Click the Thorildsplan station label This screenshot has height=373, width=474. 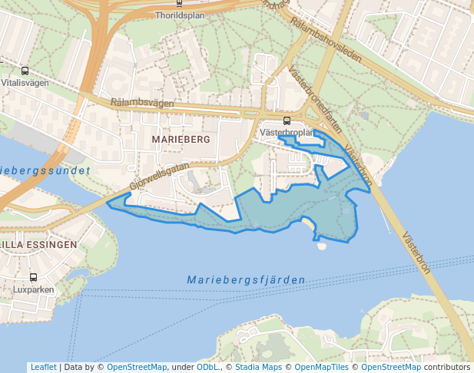(x=179, y=15)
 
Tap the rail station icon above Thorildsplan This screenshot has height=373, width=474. (x=179, y=3)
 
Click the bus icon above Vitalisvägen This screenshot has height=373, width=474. (x=26, y=70)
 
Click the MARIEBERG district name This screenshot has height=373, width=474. (x=181, y=140)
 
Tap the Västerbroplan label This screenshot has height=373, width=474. (x=288, y=132)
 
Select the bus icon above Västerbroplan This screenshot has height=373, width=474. (x=287, y=120)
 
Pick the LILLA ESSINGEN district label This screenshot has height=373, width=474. (x=38, y=245)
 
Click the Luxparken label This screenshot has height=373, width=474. (x=33, y=290)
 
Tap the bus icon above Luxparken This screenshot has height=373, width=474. (x=33, y=277)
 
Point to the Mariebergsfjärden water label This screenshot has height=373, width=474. (x=246, y=280)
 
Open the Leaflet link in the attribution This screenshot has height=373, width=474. (x=43, y=367)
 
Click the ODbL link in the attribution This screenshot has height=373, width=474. (x=207, y=367)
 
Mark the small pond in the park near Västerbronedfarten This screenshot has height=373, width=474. (x=363, y=116)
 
